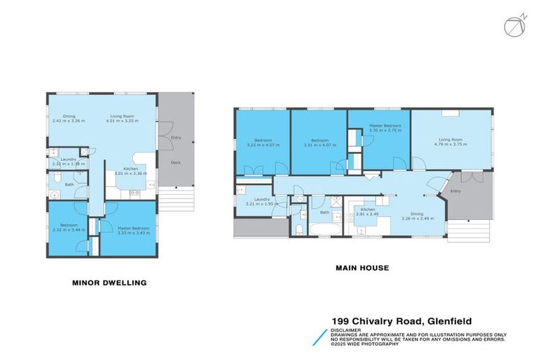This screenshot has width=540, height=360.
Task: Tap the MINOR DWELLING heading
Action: [x=109, y=283]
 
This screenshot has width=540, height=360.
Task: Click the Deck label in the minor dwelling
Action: [x=176, y=163]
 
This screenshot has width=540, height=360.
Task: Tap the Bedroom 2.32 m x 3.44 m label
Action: [x=68, y=228]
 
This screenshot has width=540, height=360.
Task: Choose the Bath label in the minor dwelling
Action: [x=69, y=185]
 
